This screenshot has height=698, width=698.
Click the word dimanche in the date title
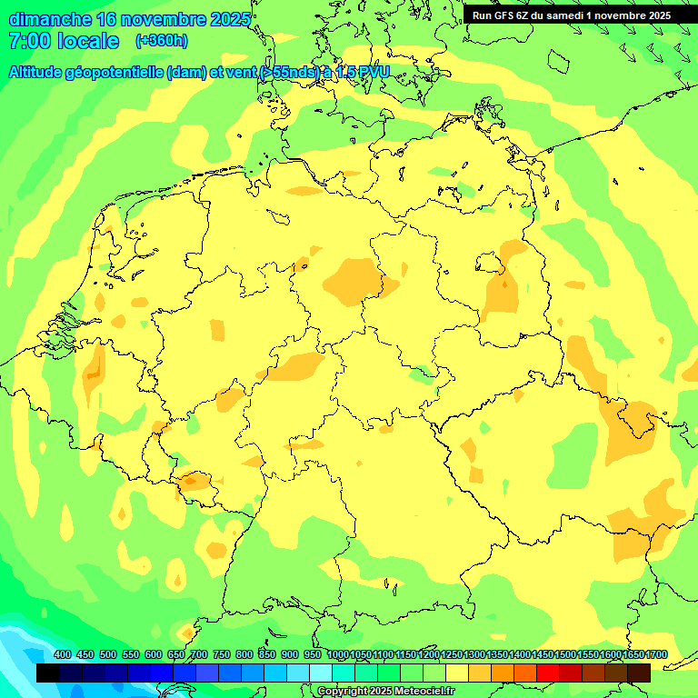coord(50,19)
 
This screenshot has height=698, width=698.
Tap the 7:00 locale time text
coord(64,41)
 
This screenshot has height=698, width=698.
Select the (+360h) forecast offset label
coord(161,41)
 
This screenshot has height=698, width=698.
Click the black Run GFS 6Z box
coord(571,15)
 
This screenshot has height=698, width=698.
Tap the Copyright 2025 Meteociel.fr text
coord(386,692)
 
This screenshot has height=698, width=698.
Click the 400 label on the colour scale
coord(63,655)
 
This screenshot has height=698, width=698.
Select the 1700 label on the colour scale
coord(655,655)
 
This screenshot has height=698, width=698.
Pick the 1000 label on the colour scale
coord(337,655)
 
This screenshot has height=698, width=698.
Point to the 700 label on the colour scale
coord(199,655)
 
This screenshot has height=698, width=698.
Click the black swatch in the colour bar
coord(48,673)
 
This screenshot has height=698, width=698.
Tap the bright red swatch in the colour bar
coord(548,673)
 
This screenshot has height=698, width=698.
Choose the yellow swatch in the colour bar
coord(457,673)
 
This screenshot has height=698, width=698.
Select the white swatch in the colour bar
coord(321,673)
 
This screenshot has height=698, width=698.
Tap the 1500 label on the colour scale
coord(564,655)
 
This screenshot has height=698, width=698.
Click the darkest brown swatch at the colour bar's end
coord(639,673)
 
